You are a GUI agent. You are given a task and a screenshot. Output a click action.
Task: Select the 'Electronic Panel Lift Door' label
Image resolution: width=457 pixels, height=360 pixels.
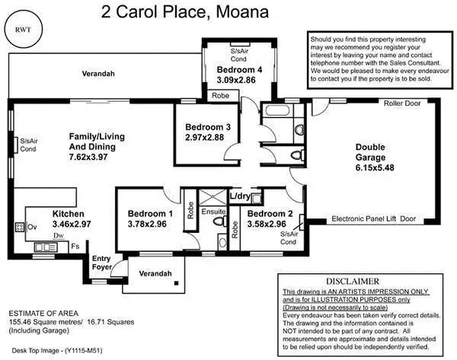(x=374, y=218)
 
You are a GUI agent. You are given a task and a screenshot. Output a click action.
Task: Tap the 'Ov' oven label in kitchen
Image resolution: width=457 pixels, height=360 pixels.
(x=33, y=226)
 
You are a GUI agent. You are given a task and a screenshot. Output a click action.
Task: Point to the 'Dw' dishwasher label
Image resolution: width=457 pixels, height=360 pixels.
(x=58, y=237)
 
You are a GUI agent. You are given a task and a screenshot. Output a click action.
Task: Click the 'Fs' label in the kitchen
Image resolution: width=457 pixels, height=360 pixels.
(x=75, y=246)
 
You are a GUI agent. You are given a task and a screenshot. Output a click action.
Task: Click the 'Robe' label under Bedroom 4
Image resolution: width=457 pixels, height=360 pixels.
(x=220, y=96)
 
